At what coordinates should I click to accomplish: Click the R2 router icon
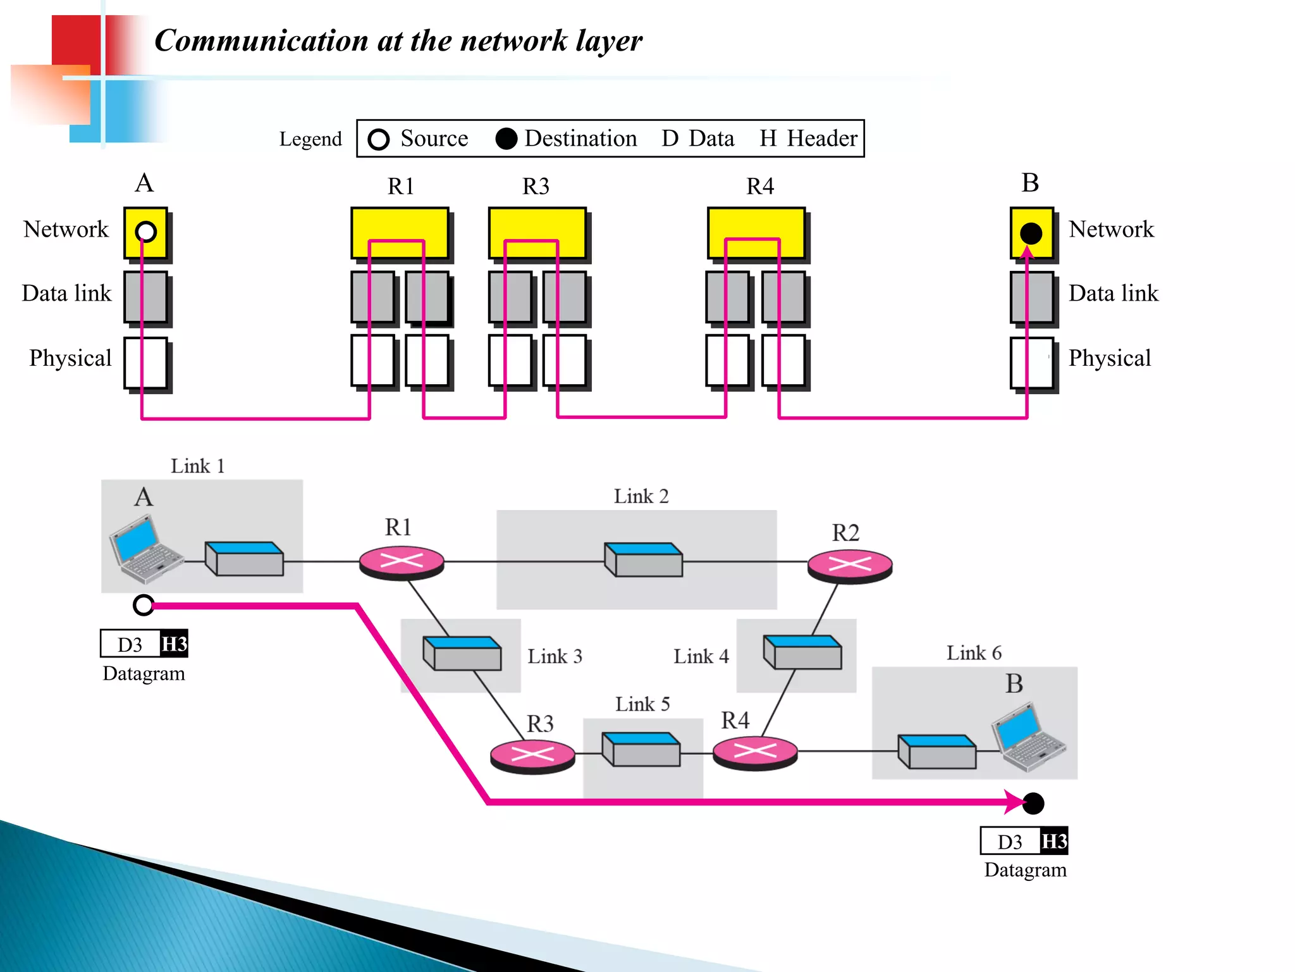(x=850, y=565)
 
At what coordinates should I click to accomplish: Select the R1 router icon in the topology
(x=402, y=562)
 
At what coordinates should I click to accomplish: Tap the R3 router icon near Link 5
(x=532, y=756)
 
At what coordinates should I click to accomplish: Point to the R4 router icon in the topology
(x=755, y=752)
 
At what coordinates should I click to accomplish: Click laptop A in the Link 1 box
(x=145, y=548)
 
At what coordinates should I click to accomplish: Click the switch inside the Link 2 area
(x=644, y=559)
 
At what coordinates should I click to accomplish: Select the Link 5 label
(x=642, y=704)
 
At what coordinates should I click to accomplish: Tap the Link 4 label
(x=701, y=656)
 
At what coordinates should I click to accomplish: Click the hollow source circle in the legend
(x=379, y=139)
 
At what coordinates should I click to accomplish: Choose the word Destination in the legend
(x=580, y=139)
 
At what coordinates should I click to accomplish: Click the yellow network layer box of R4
(x=756, y=232)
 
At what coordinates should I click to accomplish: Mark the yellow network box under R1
(x=400, y=232)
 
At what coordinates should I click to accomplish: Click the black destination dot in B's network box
(x=1031, y=234)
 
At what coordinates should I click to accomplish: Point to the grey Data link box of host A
(x=145, y=297)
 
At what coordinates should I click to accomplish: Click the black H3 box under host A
(x=174, y=644)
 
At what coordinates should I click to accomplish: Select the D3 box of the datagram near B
(x=1010, y=842)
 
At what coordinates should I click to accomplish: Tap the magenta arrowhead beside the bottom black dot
(x=1014, y=802)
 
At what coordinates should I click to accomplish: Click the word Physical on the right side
(x=1109, y=358)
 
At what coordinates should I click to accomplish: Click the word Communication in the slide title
(x=261, y=41)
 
